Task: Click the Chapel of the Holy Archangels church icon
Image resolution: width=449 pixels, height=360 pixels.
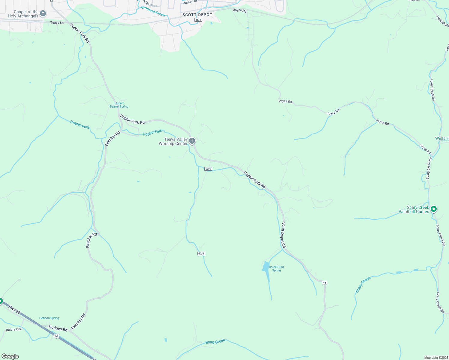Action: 43,13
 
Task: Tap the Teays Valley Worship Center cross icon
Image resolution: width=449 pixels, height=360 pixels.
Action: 192,141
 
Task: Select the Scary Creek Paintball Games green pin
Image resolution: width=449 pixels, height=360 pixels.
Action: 433,209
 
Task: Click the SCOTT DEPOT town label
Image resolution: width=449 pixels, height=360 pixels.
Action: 197,15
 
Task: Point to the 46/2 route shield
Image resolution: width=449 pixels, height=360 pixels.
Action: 198,20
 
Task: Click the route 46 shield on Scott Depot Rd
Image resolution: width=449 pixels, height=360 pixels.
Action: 324,283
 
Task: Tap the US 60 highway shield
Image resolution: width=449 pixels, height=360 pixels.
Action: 56,336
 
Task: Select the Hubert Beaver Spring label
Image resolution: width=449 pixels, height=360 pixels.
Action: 119,105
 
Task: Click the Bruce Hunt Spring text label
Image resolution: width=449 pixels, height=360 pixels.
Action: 276,268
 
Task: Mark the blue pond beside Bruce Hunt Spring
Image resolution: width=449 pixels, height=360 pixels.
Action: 266,267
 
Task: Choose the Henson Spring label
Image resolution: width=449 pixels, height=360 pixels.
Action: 49,318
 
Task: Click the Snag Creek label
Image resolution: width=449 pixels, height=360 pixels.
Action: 215,342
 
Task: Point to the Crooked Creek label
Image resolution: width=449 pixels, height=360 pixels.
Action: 153,11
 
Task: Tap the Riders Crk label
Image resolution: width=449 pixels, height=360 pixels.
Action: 14,329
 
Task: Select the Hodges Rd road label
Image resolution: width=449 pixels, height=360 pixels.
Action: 58,328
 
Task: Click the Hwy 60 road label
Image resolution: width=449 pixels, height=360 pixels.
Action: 14,310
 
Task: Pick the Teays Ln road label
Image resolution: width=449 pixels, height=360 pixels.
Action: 57,23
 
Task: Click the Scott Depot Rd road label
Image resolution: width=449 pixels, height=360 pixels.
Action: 284,235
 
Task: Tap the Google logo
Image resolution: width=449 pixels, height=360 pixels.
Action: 10,356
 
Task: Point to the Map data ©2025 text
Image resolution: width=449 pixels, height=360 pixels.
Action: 436,358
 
